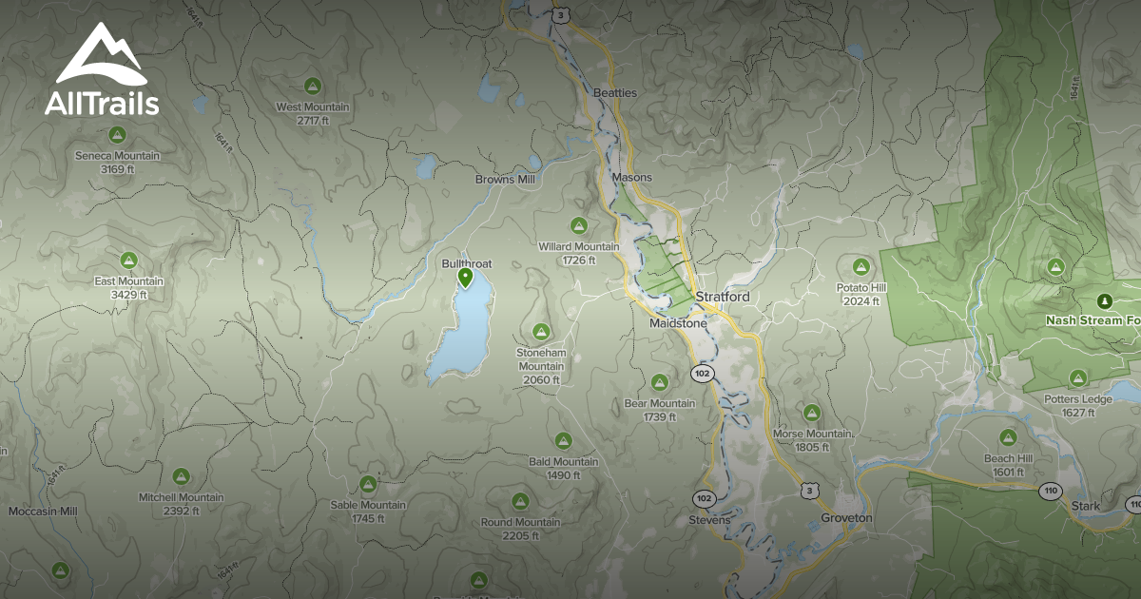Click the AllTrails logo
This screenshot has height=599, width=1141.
[x=102, y=70]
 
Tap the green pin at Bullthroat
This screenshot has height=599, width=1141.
[x=465, y=278]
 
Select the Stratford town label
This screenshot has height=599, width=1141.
[x=723, y=298]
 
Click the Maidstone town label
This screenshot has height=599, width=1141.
[x=678, y=323]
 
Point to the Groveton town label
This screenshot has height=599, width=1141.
[x=845, y=518]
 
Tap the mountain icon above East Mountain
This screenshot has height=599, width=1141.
[x=129, y=261]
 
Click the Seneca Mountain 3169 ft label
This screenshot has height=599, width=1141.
[x=118, y=162]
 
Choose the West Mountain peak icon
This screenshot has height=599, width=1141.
[x=312, y=87]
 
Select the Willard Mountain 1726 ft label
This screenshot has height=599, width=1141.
[x=578, y=253]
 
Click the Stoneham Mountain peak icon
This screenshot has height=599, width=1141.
[x=541, y=332]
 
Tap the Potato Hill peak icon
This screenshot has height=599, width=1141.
[x=861, y=266]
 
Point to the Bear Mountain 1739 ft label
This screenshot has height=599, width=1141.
[x=659, y=410]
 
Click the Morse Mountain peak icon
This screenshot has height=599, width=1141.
[x=811, y=413]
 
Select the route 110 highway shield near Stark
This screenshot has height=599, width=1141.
[x=1050, y=492]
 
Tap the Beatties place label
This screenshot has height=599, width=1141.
[x=614, y=92]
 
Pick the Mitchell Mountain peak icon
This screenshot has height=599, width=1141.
[x=181, y=476]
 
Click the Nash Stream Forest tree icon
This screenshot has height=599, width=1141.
[x=1104, y=301]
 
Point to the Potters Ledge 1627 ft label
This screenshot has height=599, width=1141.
[x=1077, y=405]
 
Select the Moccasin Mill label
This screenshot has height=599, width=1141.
[x=43, y=512]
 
